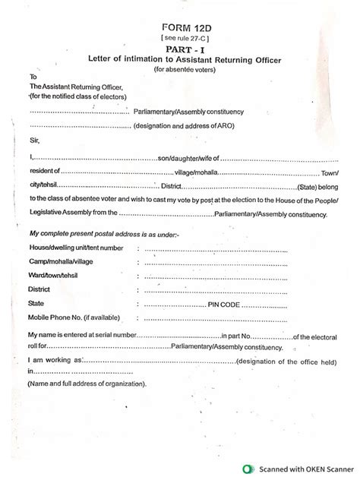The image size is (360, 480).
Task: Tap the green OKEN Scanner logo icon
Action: [248, 469]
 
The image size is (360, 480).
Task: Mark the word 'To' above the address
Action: [33, 77]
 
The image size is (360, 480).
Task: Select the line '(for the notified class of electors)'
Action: [79, 97]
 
